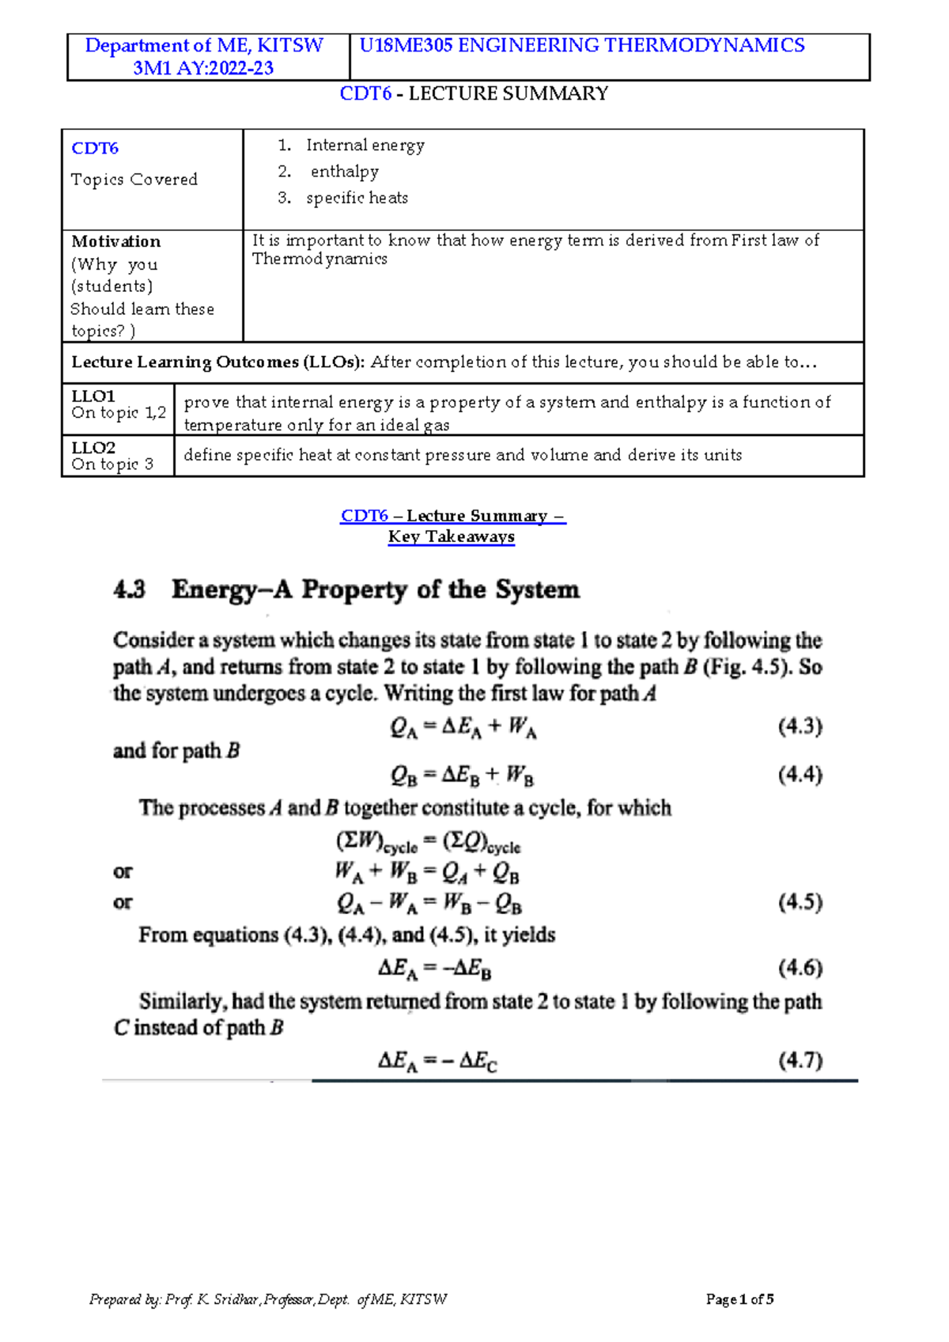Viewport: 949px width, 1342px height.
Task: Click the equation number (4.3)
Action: (x=800, y=726)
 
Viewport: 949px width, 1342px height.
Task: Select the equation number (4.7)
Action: (x=800, y=1060)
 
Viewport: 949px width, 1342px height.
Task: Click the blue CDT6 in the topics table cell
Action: (x=95, y=148)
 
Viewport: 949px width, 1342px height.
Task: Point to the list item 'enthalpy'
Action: (x=344, y=172)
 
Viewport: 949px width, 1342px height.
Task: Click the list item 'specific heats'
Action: (x=357, y=198)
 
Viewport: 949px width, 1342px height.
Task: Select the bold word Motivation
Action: (x=115, y=241)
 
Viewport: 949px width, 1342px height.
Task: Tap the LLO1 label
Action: (x=93, y=396)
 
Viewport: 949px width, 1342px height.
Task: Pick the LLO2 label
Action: (x=93, y=447)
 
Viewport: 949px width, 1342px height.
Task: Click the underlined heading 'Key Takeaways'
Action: (x=451, y=536)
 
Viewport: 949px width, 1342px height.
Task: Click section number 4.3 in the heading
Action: (x=129, y=589)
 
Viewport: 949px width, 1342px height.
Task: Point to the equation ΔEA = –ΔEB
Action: (x=434, y=968)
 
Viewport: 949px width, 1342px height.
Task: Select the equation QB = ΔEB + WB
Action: (x=463, y=775)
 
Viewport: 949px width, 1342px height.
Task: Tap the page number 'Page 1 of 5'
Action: (x=739, y=1298)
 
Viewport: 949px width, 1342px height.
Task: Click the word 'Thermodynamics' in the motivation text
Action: (x=319, y=260)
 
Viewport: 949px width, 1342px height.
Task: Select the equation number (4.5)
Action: (x=800, y=902)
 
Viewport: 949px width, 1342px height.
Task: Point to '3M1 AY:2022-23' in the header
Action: (x=203, y=68)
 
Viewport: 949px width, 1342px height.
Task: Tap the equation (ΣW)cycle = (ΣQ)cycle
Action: (x=428, y=842)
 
